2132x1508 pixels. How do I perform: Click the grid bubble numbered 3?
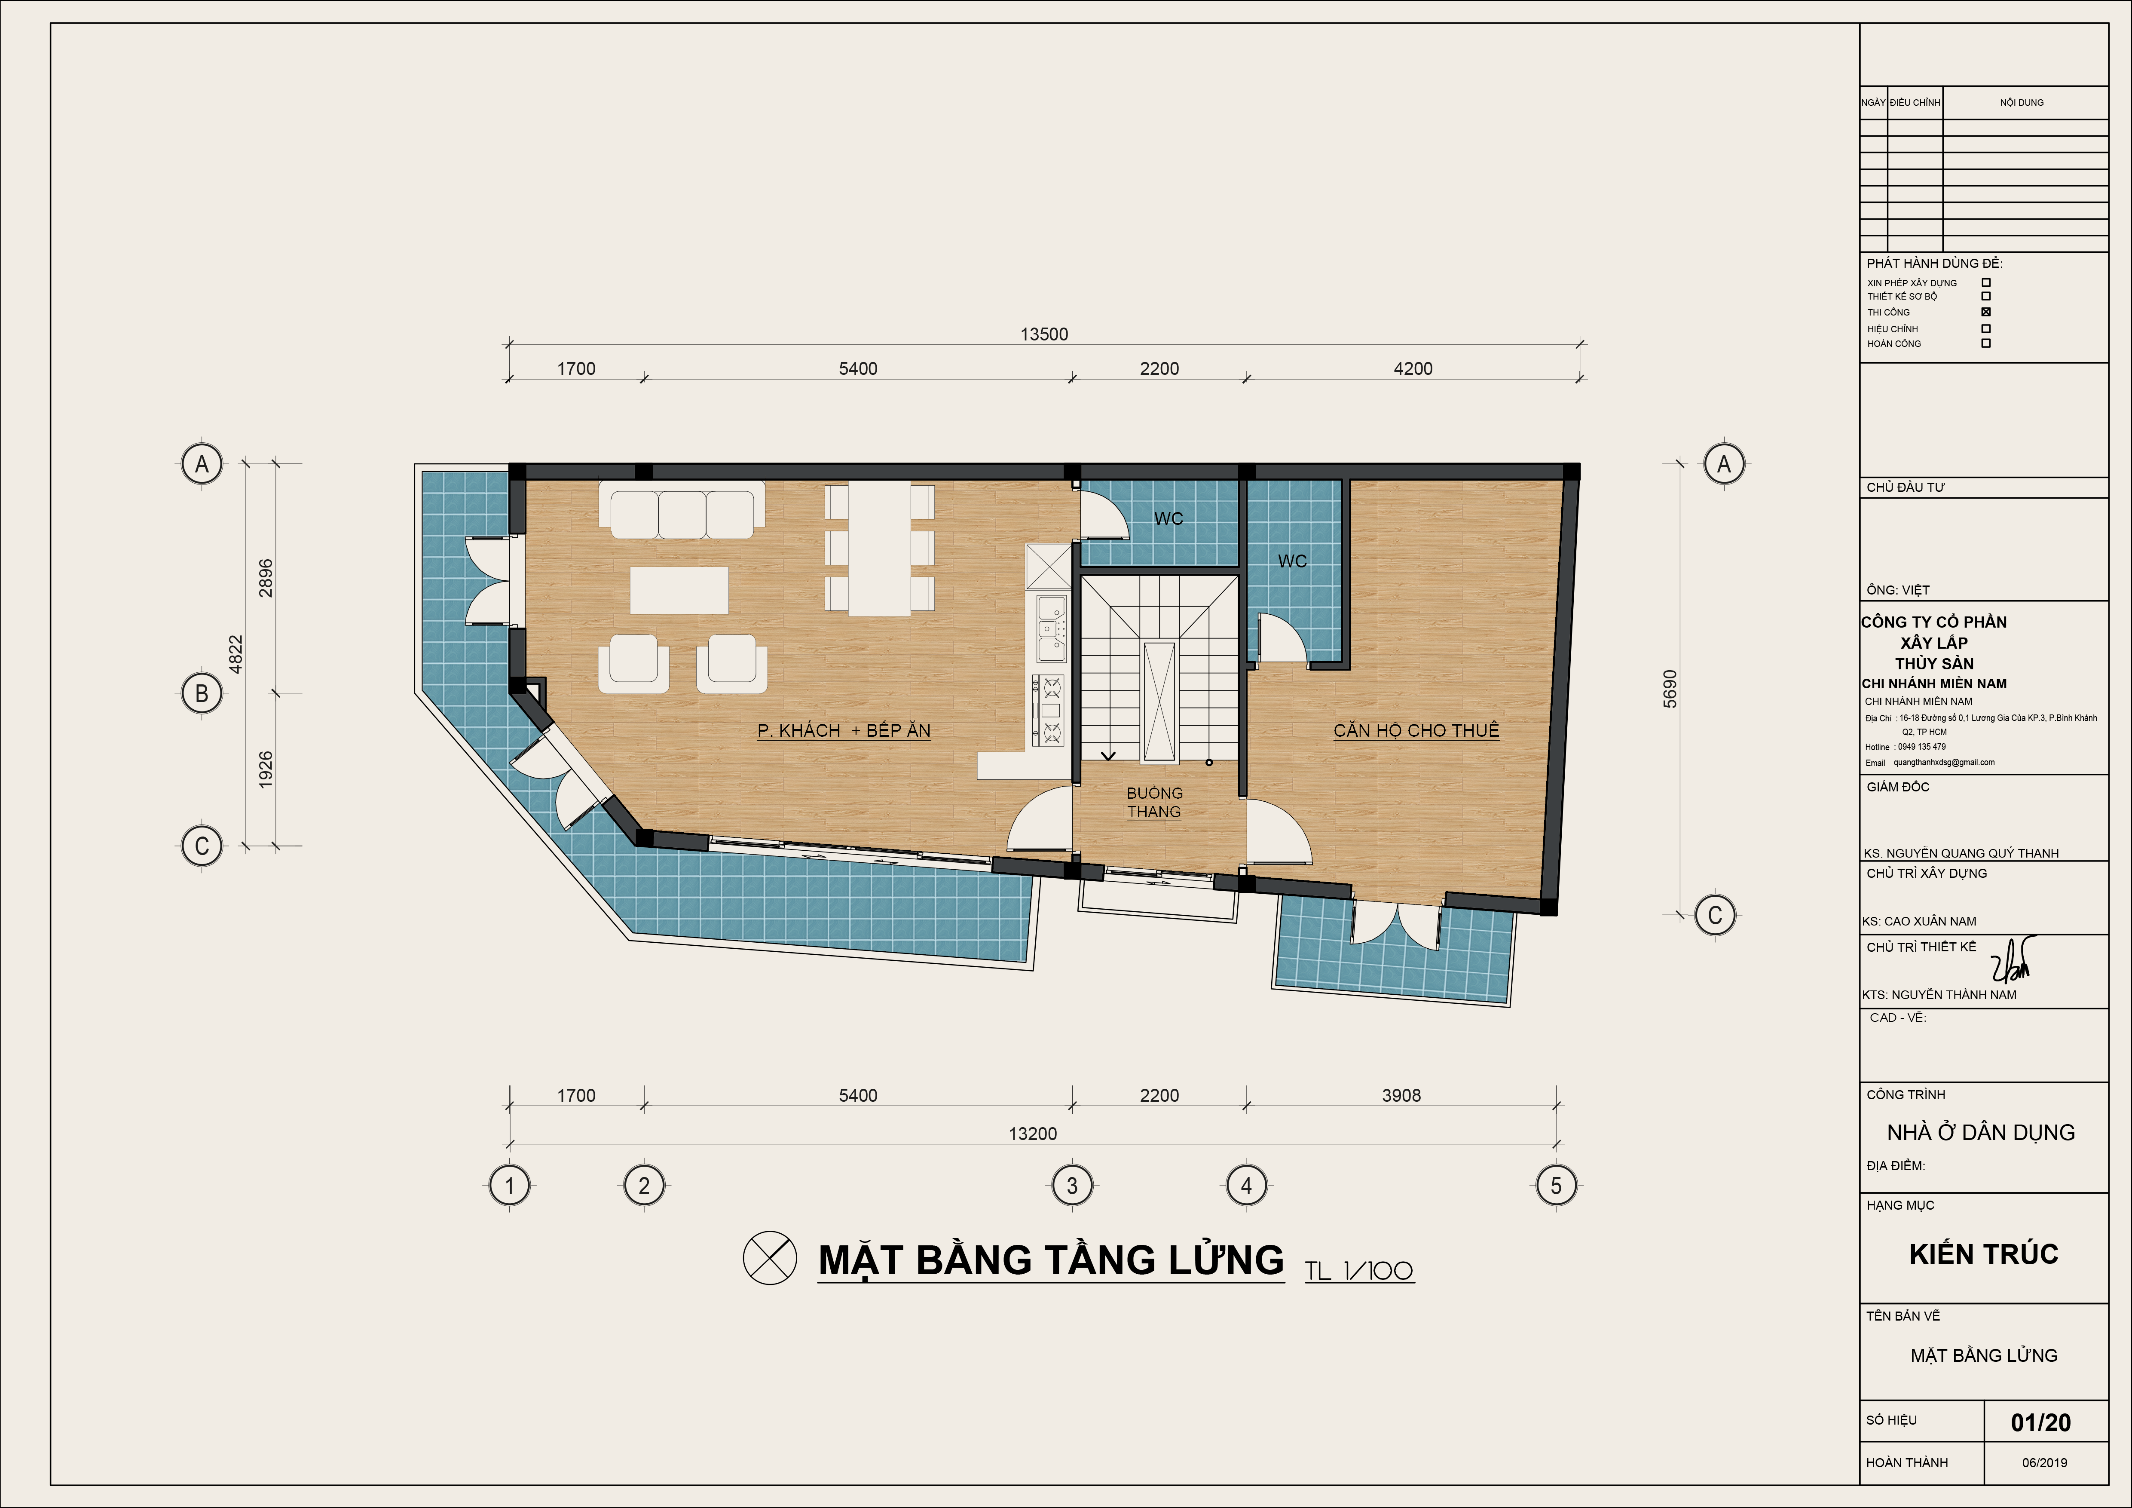[1071, 1186]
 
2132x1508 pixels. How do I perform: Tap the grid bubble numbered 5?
[1556, 1186]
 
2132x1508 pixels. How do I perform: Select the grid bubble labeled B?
[202, 694]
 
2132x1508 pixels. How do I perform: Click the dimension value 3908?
[1401, 1096]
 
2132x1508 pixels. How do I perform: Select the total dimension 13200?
[1033, 1134]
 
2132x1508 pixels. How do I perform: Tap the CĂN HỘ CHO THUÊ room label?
[1416, 731]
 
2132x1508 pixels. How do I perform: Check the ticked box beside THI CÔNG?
[1986, 312]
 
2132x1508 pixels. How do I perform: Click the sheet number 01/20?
[2040, 1422]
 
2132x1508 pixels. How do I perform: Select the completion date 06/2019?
[2045, 1462]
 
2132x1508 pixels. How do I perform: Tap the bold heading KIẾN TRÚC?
[1983, 1254]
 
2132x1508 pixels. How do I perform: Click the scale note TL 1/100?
[1358, 1270]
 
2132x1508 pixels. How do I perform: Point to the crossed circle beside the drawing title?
[770, 1258]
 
